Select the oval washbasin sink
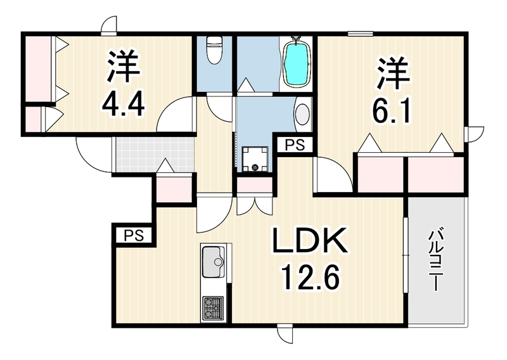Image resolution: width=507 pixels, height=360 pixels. [303, 114]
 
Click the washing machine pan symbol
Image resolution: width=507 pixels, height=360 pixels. [255, 159]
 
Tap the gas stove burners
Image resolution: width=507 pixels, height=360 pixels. [213, 309]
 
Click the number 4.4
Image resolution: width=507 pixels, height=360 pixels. [123, 103]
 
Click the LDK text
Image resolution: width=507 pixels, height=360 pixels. [310, 240]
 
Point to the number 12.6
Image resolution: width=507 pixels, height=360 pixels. [311, 277]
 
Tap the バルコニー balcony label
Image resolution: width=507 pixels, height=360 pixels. [435, 260]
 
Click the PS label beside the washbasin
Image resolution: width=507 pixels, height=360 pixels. [295, 145]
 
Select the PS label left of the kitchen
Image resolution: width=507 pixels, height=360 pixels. [134, 236]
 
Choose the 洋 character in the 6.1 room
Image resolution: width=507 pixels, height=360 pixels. [393, 74]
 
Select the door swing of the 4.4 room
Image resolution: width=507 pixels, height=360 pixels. [176, 114]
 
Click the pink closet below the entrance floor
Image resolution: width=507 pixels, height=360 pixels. [175, 190]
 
